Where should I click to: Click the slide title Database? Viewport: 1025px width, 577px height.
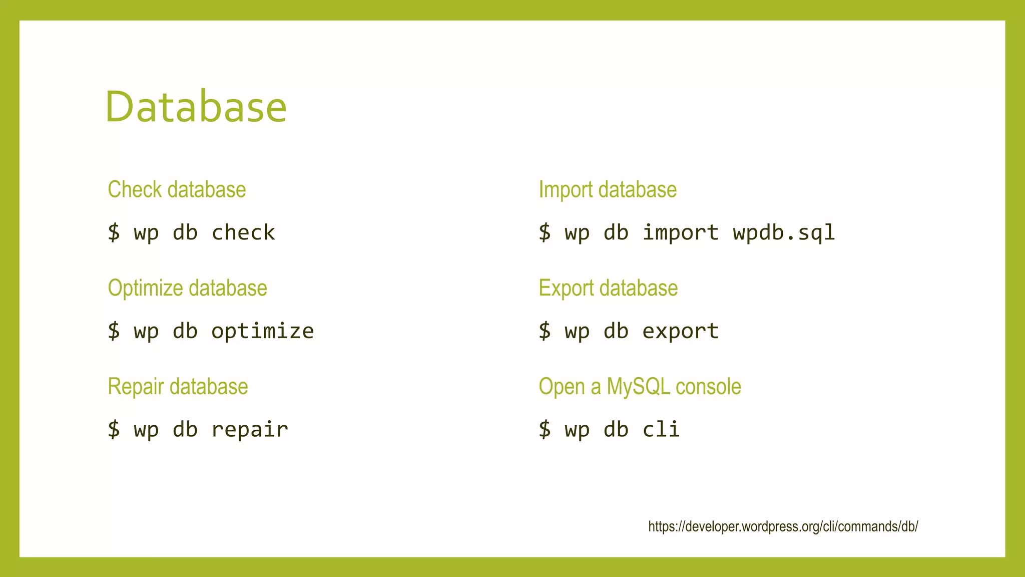pyautogui.click(x=196, y=107)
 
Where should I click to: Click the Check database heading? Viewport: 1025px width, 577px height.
pyautogui.click(x=177, y=190)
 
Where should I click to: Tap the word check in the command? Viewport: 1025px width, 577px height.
pyautogui.click(x=243, y=233)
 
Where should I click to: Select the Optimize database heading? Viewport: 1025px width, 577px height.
pyautogui.click(x=187, y=288)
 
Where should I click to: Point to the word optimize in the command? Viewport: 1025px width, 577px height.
pyautogui.click(x=262, y=332)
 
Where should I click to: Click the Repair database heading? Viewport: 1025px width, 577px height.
pyautogui.click(x=178, y=387)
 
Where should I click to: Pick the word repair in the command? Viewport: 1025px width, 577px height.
pyautogui.click(x=250, y=430)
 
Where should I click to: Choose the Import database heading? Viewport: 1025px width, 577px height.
pyautogui.click(x=608, y=190)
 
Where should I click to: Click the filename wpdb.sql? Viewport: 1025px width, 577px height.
pyautogui.click(x=784, y=233)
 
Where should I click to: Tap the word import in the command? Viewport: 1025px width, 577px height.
pyautogui.click(x=680, y=233)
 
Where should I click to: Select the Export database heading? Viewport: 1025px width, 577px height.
pyautogui.click(x=608, y=288)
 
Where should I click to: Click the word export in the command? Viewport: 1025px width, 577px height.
pyautogui.click(x=680, y=332)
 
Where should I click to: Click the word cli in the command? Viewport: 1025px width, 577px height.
pyautogui.click(x=661, y=430)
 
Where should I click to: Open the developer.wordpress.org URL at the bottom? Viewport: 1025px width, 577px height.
pyautogui.click(x=783, y=526)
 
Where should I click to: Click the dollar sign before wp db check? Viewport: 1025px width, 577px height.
pyautogui.click(x=114, y=233)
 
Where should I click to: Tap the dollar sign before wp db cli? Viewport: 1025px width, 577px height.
pyautogui.click(x=545, y=430)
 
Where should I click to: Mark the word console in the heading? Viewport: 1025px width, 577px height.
pyautogui.click(x=708, y=387)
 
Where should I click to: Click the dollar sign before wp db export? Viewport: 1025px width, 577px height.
pyautogui.click(x=545, y=332)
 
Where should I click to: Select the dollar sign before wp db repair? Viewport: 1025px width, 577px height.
pyautogui.click(x=114, y=430)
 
